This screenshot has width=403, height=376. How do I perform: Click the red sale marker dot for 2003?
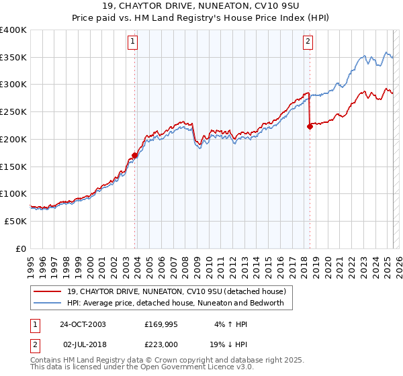coord(135,155)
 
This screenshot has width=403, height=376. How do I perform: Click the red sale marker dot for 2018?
coord(310,126)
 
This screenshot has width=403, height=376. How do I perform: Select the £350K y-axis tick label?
coord(13,57)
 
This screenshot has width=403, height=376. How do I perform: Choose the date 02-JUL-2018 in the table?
coord(87,343)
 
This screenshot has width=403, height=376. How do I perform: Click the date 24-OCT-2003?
coord(87,324)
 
